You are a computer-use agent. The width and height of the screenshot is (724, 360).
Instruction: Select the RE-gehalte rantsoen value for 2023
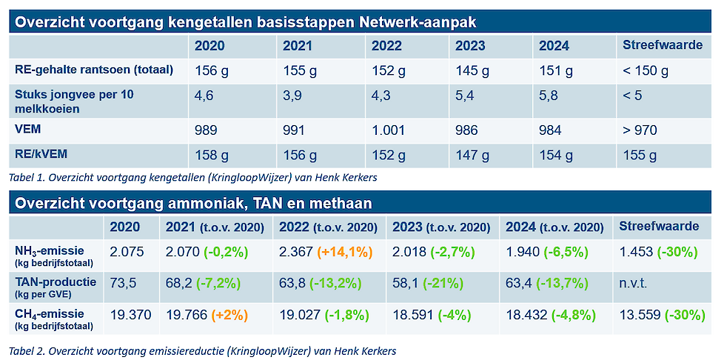point(472,71)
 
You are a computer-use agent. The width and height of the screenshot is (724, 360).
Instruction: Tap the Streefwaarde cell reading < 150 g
point(646,71)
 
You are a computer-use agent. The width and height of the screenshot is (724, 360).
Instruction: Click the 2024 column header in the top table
point(554,46)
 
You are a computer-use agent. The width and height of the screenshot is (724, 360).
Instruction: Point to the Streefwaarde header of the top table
point(663,46)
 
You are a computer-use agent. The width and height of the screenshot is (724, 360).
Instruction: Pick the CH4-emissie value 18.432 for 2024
point(529,314)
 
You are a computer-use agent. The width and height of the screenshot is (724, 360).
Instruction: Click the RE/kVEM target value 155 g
point(641,156)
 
